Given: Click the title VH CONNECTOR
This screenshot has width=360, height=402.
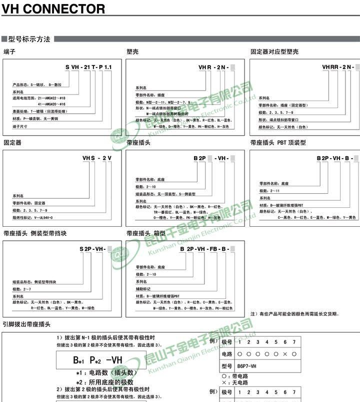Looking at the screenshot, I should (x=54, y=9).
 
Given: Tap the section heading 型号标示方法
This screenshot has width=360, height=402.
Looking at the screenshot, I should (x=29, y=39).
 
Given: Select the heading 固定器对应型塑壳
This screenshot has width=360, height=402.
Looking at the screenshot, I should (x=274, y=52).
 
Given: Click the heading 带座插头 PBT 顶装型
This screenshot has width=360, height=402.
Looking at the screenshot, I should (x=278, y=143).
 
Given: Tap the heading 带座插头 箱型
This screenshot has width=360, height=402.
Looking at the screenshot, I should (x=146, y=234).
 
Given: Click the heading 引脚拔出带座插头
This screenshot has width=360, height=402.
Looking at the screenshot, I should (x=26, y=324).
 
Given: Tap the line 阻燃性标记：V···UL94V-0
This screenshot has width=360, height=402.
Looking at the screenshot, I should (x=32, y=218).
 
